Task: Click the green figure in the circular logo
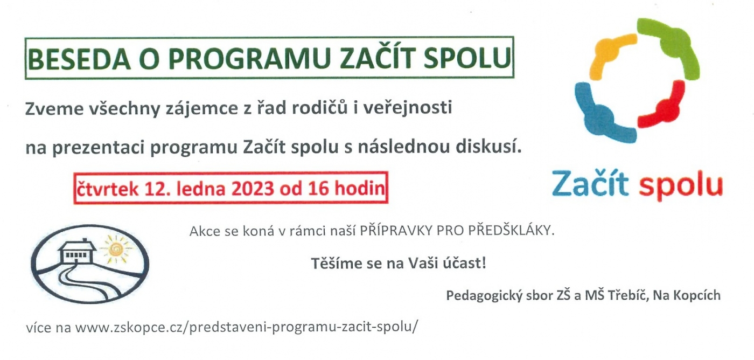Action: [670, 47]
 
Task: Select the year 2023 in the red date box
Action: [253, 188]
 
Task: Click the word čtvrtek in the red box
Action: [108, 188]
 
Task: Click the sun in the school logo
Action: [116, 249]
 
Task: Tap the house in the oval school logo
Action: [77, 252]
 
